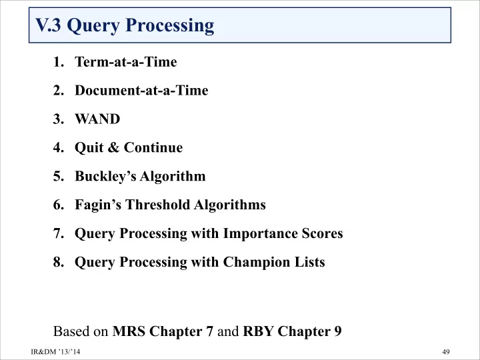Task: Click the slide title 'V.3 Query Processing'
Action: click(125, 26)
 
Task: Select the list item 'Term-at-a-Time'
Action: click(126, 62)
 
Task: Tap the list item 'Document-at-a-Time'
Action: click(141, 90)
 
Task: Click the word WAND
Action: click(97, 119)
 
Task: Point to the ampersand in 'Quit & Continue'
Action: click(113, 147)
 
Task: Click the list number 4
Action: click(58, 147)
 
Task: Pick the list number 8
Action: click(58, 262)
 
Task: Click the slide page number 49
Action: click(446, 351)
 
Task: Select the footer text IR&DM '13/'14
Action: click(55, 351)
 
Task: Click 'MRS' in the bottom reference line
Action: click(129, 331)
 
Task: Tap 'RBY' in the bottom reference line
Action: click(258, 331)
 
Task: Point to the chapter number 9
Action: click(337, 331)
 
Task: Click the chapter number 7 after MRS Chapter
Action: click(209, 331)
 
